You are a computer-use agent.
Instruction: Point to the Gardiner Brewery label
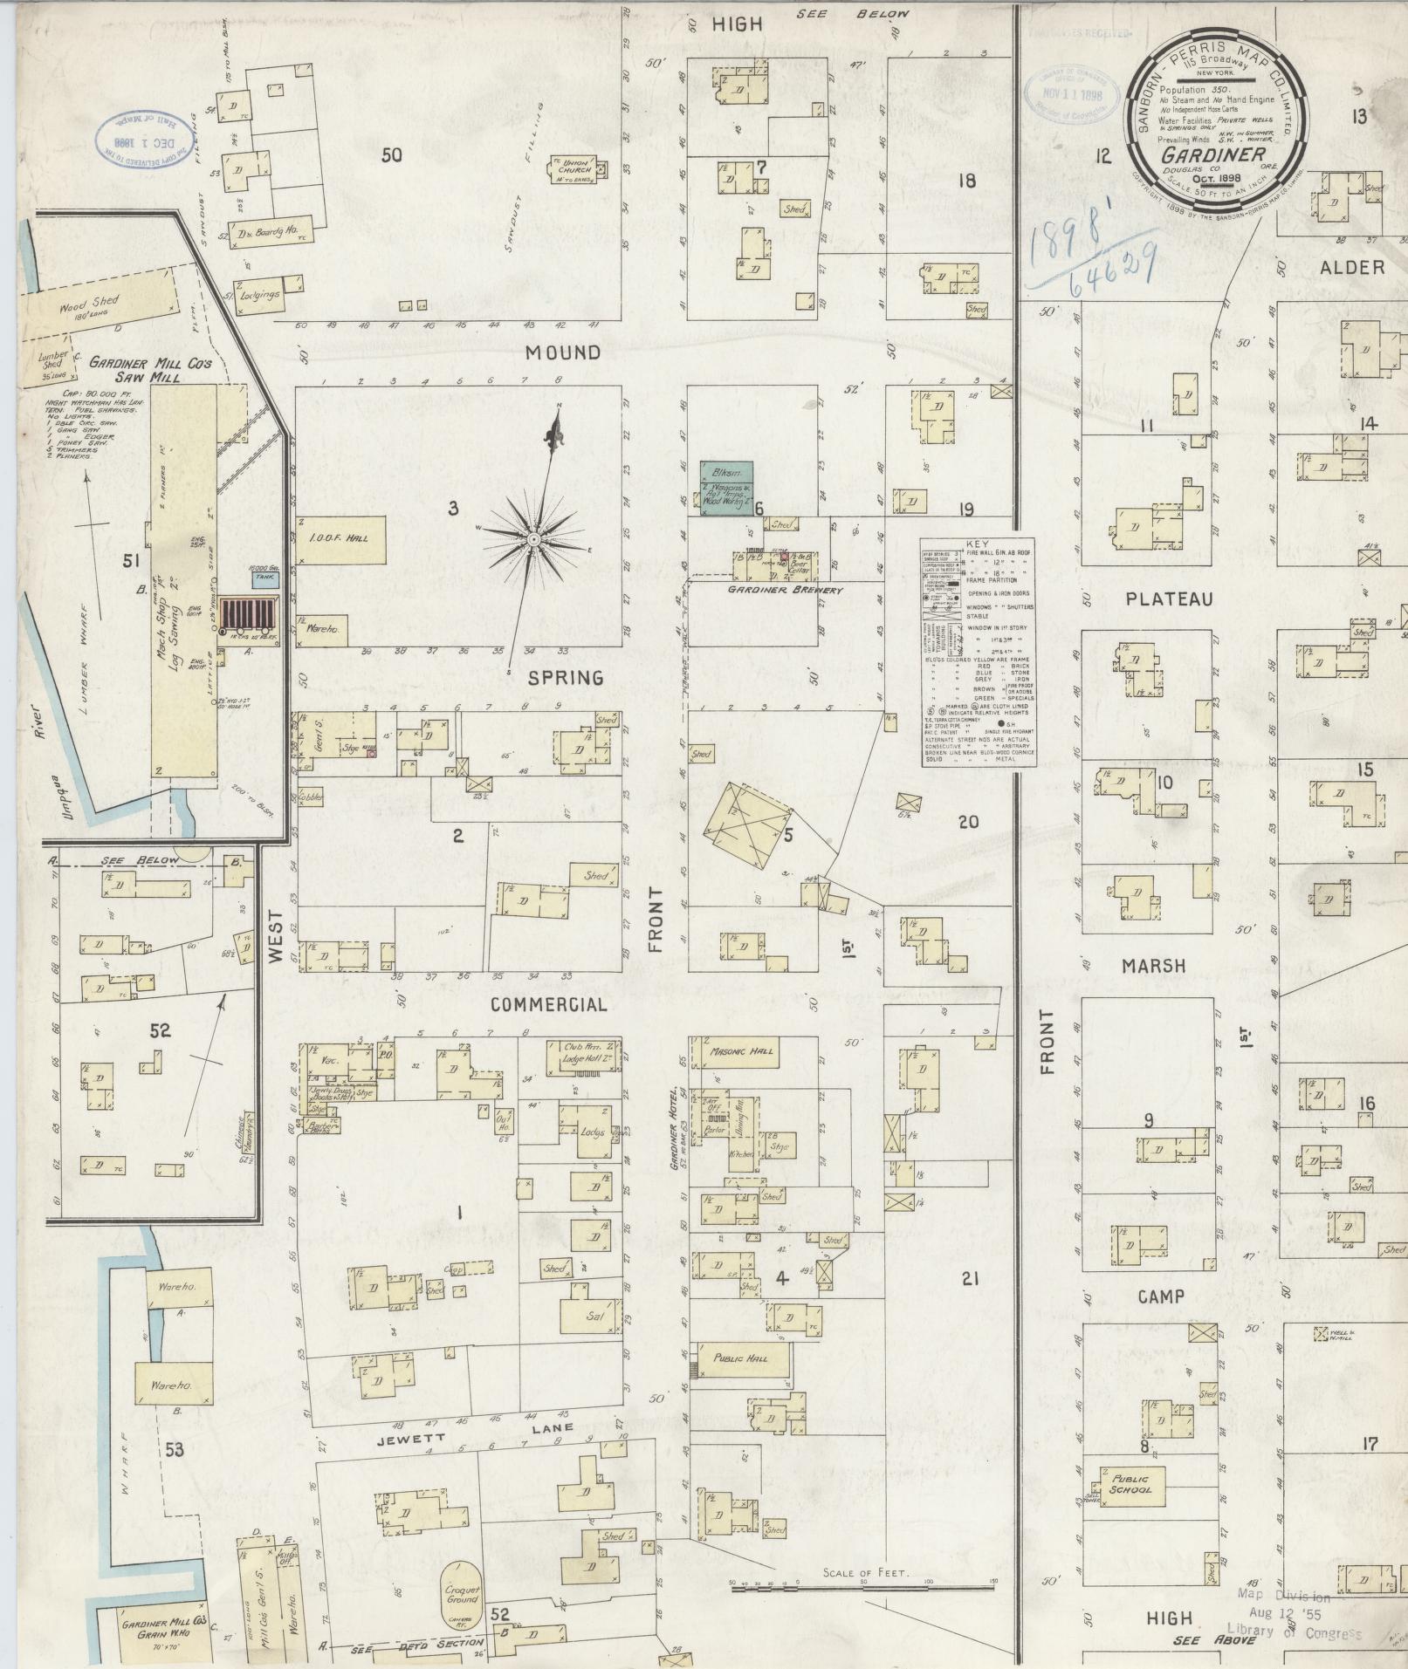(785, 591)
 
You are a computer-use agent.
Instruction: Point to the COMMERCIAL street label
(548, 1004)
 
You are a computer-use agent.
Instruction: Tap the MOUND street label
(564, 352)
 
